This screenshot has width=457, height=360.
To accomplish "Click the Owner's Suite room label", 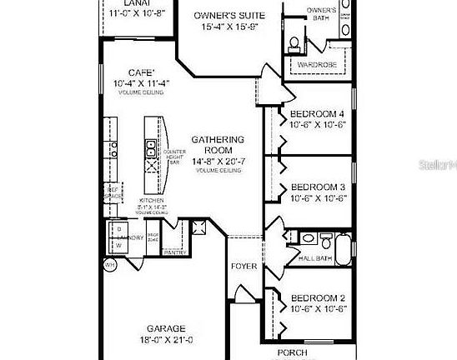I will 229,16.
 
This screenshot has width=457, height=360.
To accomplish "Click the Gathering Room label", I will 218,145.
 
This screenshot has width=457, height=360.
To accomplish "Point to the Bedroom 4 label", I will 316,113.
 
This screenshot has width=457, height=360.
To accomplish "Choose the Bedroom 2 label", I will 316,297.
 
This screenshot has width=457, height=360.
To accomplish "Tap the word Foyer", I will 244,267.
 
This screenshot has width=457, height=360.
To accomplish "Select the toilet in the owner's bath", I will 296,42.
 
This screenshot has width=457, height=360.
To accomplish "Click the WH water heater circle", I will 108,265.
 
